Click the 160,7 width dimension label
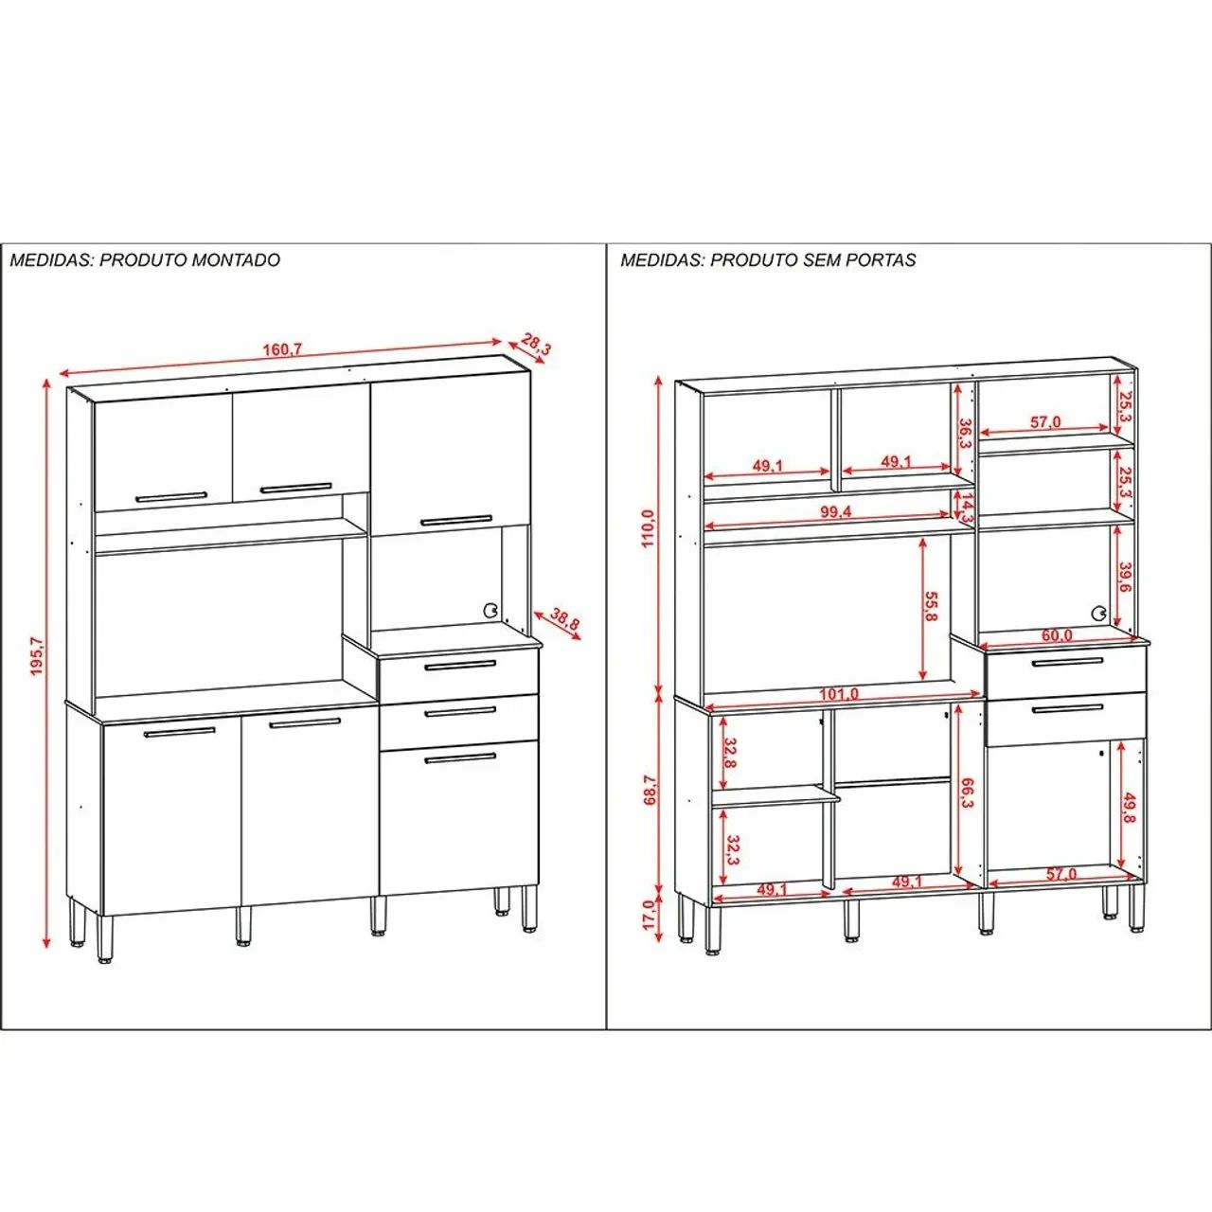click(x=278, y=349)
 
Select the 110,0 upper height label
click(x=649, y=528)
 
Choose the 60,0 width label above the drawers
click(x=1057, y=635)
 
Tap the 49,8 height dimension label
click(x=1130, y=810)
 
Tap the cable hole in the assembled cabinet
click(x=490, y=610)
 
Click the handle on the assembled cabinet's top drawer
click(x=460, y=665)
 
